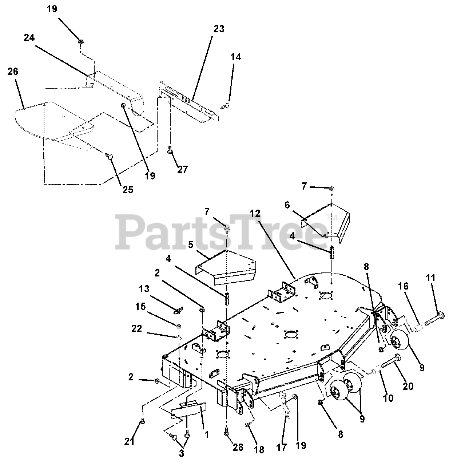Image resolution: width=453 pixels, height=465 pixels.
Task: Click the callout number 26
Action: [13, 72]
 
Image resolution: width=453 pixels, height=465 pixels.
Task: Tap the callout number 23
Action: [219, 29]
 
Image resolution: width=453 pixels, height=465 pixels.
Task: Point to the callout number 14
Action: [235, 57]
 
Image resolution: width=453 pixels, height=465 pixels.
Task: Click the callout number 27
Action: [183, 169]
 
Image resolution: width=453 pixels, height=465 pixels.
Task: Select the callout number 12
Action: [255, 214]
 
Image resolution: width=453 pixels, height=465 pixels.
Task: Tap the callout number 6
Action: [287, 205]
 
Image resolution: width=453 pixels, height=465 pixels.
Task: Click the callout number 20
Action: [408, 386]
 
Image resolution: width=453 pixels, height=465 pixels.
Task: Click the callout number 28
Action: [238, 447]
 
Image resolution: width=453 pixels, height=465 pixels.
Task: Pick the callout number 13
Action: [144, 288]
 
